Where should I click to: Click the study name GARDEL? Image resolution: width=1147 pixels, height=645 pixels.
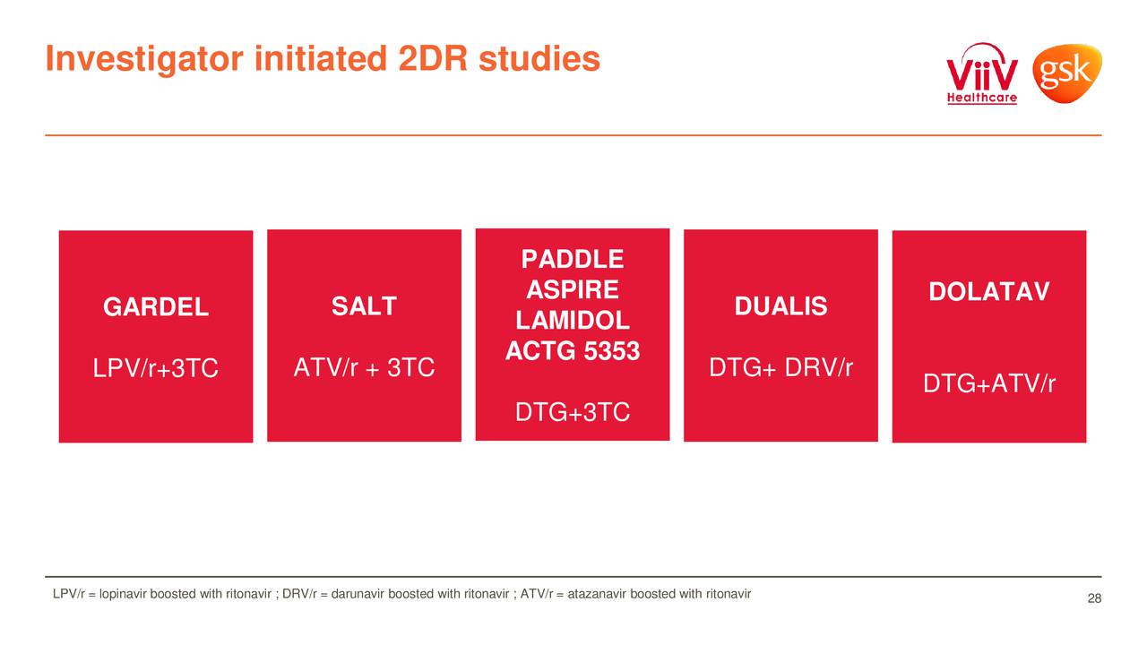pos(156,308)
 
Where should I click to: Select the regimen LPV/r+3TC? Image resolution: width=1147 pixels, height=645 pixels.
pos(156,369)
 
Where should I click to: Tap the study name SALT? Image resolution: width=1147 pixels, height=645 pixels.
pos(364,307)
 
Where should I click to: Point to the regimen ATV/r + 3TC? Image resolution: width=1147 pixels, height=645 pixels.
pos(364,368)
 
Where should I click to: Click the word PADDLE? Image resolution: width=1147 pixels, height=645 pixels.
pos(572,260)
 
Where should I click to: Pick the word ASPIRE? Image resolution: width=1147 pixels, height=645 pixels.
pos(572,290)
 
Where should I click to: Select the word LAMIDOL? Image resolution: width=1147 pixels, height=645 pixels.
pos(572,322)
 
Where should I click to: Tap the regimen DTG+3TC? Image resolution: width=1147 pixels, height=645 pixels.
pos(572,413)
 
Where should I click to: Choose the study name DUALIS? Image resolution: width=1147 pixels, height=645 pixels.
pos(780,307)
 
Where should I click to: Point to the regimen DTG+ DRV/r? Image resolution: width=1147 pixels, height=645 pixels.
pos(780,368)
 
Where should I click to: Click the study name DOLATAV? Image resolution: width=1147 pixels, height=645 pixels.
pos(988,293)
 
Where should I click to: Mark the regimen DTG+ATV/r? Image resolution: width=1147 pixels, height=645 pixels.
pos(989,384)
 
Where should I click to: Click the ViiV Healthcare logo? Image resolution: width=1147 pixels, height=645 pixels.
pos(982,74)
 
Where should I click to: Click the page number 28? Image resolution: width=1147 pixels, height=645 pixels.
pos(1093,598)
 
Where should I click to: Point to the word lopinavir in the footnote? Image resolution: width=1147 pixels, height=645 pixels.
pos(124,594)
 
